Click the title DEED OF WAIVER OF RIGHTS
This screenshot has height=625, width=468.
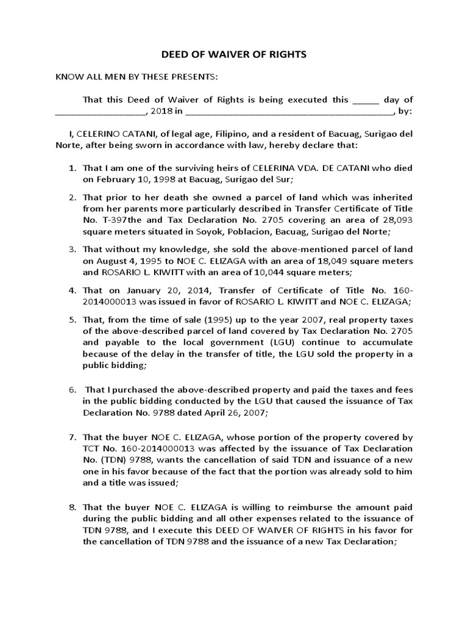point(233,55)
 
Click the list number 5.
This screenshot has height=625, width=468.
point(71,319)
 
